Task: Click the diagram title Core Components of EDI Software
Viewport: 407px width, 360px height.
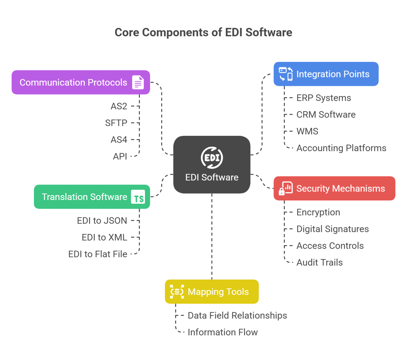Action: [x=203, y=32]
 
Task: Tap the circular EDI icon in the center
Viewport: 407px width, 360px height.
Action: [x=212, y=158]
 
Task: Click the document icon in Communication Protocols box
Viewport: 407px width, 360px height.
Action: [x=138, y=82]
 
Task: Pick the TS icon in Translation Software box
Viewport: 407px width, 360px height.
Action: [x=138, y=197]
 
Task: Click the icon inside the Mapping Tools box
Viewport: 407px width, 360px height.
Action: [x=177, y=292]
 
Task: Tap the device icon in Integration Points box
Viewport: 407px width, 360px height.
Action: [x=286, y=74]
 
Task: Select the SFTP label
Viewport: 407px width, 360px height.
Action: [x=116, y=123]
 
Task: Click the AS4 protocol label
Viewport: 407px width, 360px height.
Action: [x=119, y=140]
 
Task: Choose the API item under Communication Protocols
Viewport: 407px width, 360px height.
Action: [x=120, y=157]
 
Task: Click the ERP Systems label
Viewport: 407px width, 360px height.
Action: [x=324, y=98]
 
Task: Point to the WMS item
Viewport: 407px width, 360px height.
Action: [x=307, y=131]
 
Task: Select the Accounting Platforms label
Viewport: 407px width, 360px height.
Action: [x=341, y=148]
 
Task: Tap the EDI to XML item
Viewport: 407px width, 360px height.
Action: [x=104, y=237]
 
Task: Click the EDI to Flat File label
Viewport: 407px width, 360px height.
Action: [x=98, y=254]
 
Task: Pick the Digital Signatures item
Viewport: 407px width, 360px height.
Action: [x=332, y=229]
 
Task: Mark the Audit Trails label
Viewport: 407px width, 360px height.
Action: [x=319, y=263]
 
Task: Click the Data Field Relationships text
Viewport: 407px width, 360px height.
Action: [x=237, y=315]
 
